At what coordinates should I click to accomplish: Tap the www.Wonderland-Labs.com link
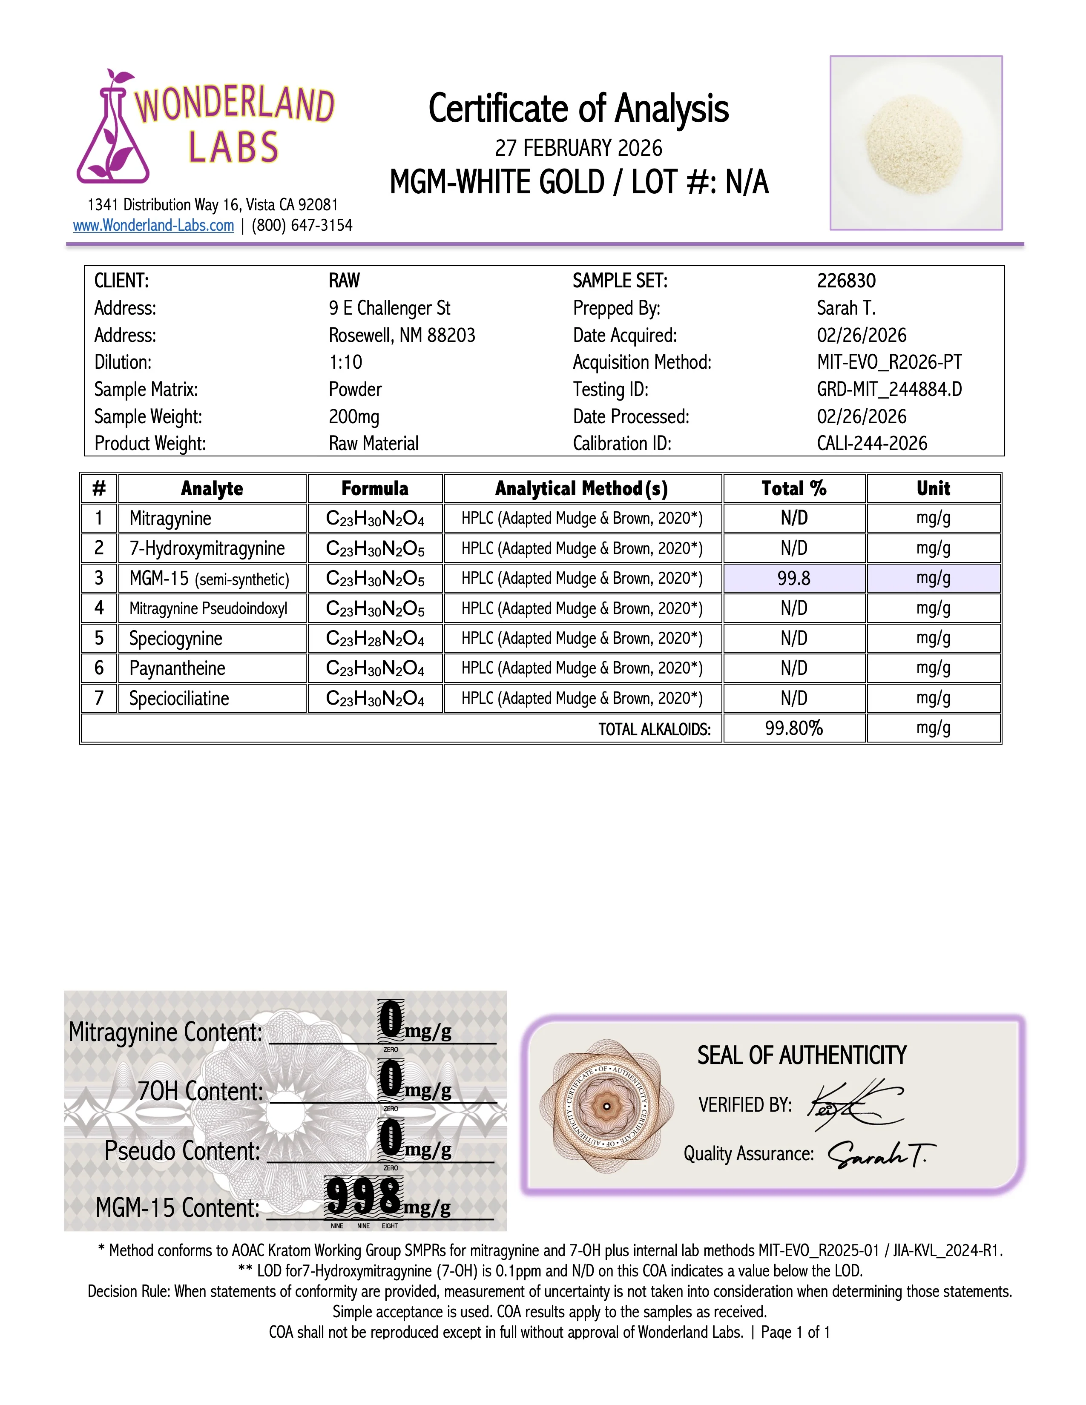(x=153, y=226)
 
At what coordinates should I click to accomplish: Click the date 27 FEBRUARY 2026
(x=578, y=148)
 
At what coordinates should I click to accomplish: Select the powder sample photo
(x=916, y=143)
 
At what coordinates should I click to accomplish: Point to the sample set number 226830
(x=846, y=281)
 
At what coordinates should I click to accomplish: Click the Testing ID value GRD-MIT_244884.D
(x=889, y=389)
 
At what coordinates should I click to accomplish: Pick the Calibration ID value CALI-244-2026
(x=872, y=443)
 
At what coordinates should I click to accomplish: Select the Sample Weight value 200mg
(x=354, y=417)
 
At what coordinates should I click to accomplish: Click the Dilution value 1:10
(x=345, y=362)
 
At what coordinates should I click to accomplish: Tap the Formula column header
(x=374, y=488)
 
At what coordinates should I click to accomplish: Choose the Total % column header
(x=794, y=488)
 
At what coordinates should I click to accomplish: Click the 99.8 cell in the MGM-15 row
(x=794, y=578)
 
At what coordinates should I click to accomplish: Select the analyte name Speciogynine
(x=175, y=638)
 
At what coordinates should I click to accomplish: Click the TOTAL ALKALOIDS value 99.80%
(x=794, y=728)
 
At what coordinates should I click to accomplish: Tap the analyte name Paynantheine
(x=177, y=668)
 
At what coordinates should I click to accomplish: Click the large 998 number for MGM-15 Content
(x=364, y=1196)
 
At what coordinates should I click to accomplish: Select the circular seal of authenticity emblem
(x=606, y=1107)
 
